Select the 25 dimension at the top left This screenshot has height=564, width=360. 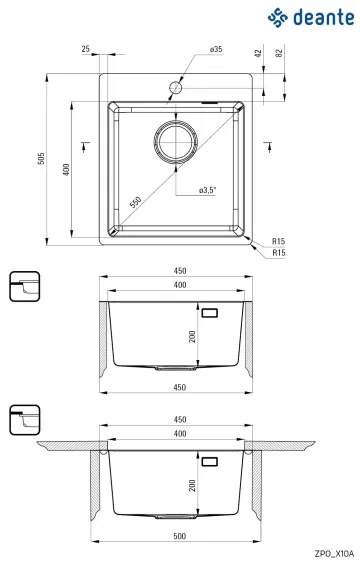pos(86,49)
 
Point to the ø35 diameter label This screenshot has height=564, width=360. pos(215,49)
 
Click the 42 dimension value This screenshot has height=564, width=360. pos(259,53)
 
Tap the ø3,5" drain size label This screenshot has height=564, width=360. pos(208,190)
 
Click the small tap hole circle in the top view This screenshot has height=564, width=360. pos(176,88)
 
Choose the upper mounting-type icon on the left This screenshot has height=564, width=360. pos(24,285)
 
